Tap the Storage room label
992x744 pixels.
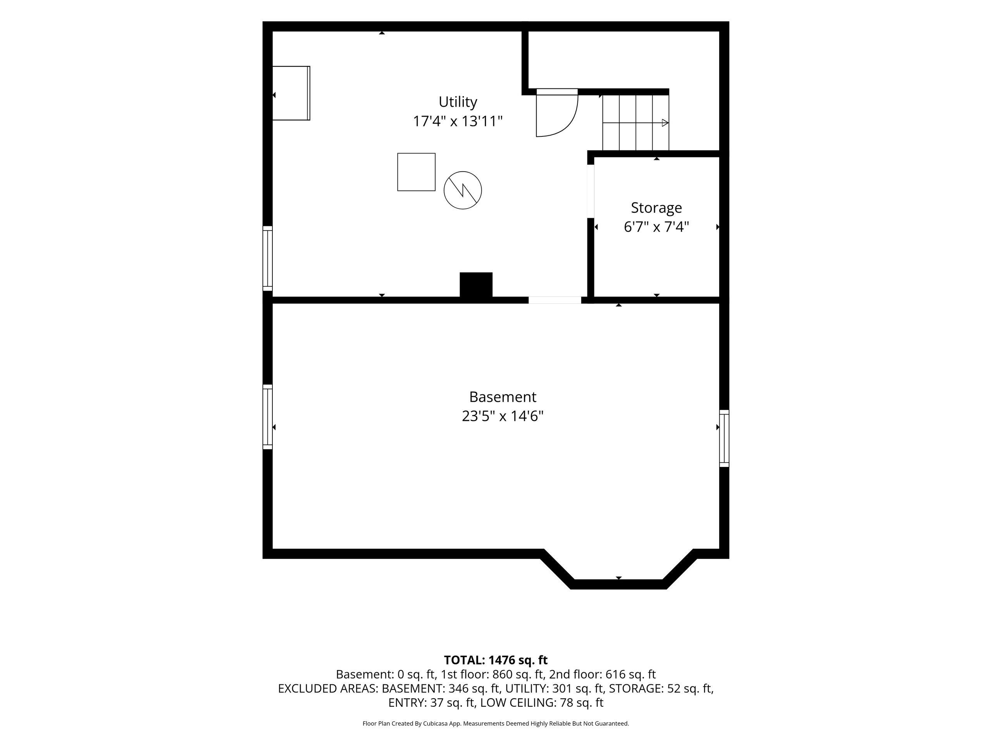[656, 208]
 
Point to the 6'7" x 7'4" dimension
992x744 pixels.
[656, 227]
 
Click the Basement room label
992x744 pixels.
[502, 397]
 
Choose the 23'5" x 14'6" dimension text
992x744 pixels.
[502, 417]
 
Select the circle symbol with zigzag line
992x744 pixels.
[462, 190]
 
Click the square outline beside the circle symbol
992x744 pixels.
[416, 172]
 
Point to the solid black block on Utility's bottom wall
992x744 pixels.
[476, 284]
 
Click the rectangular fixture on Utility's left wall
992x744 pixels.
[291, 93]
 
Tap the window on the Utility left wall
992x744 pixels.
[267, 259]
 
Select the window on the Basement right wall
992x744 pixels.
[724, 438]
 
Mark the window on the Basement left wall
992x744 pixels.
[267, 417]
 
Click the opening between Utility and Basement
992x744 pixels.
[555, 300]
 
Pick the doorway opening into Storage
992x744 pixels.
[591, 191]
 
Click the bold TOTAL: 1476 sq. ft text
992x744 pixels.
[496, 660]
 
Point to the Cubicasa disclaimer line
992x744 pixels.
[496, 723]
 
